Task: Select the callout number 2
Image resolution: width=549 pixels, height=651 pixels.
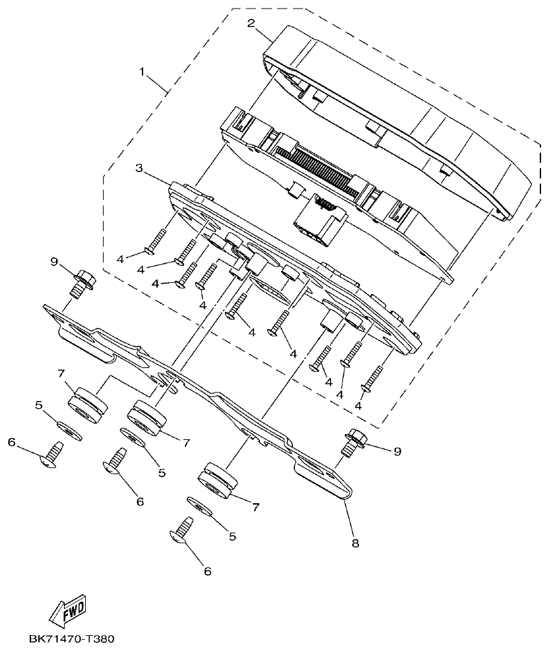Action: click(251, 24)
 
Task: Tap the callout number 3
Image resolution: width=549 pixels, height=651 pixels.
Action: click(139, 168)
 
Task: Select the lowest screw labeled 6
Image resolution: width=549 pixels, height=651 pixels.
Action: click(183, 532)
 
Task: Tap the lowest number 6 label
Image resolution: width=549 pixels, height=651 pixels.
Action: click(207, 571)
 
